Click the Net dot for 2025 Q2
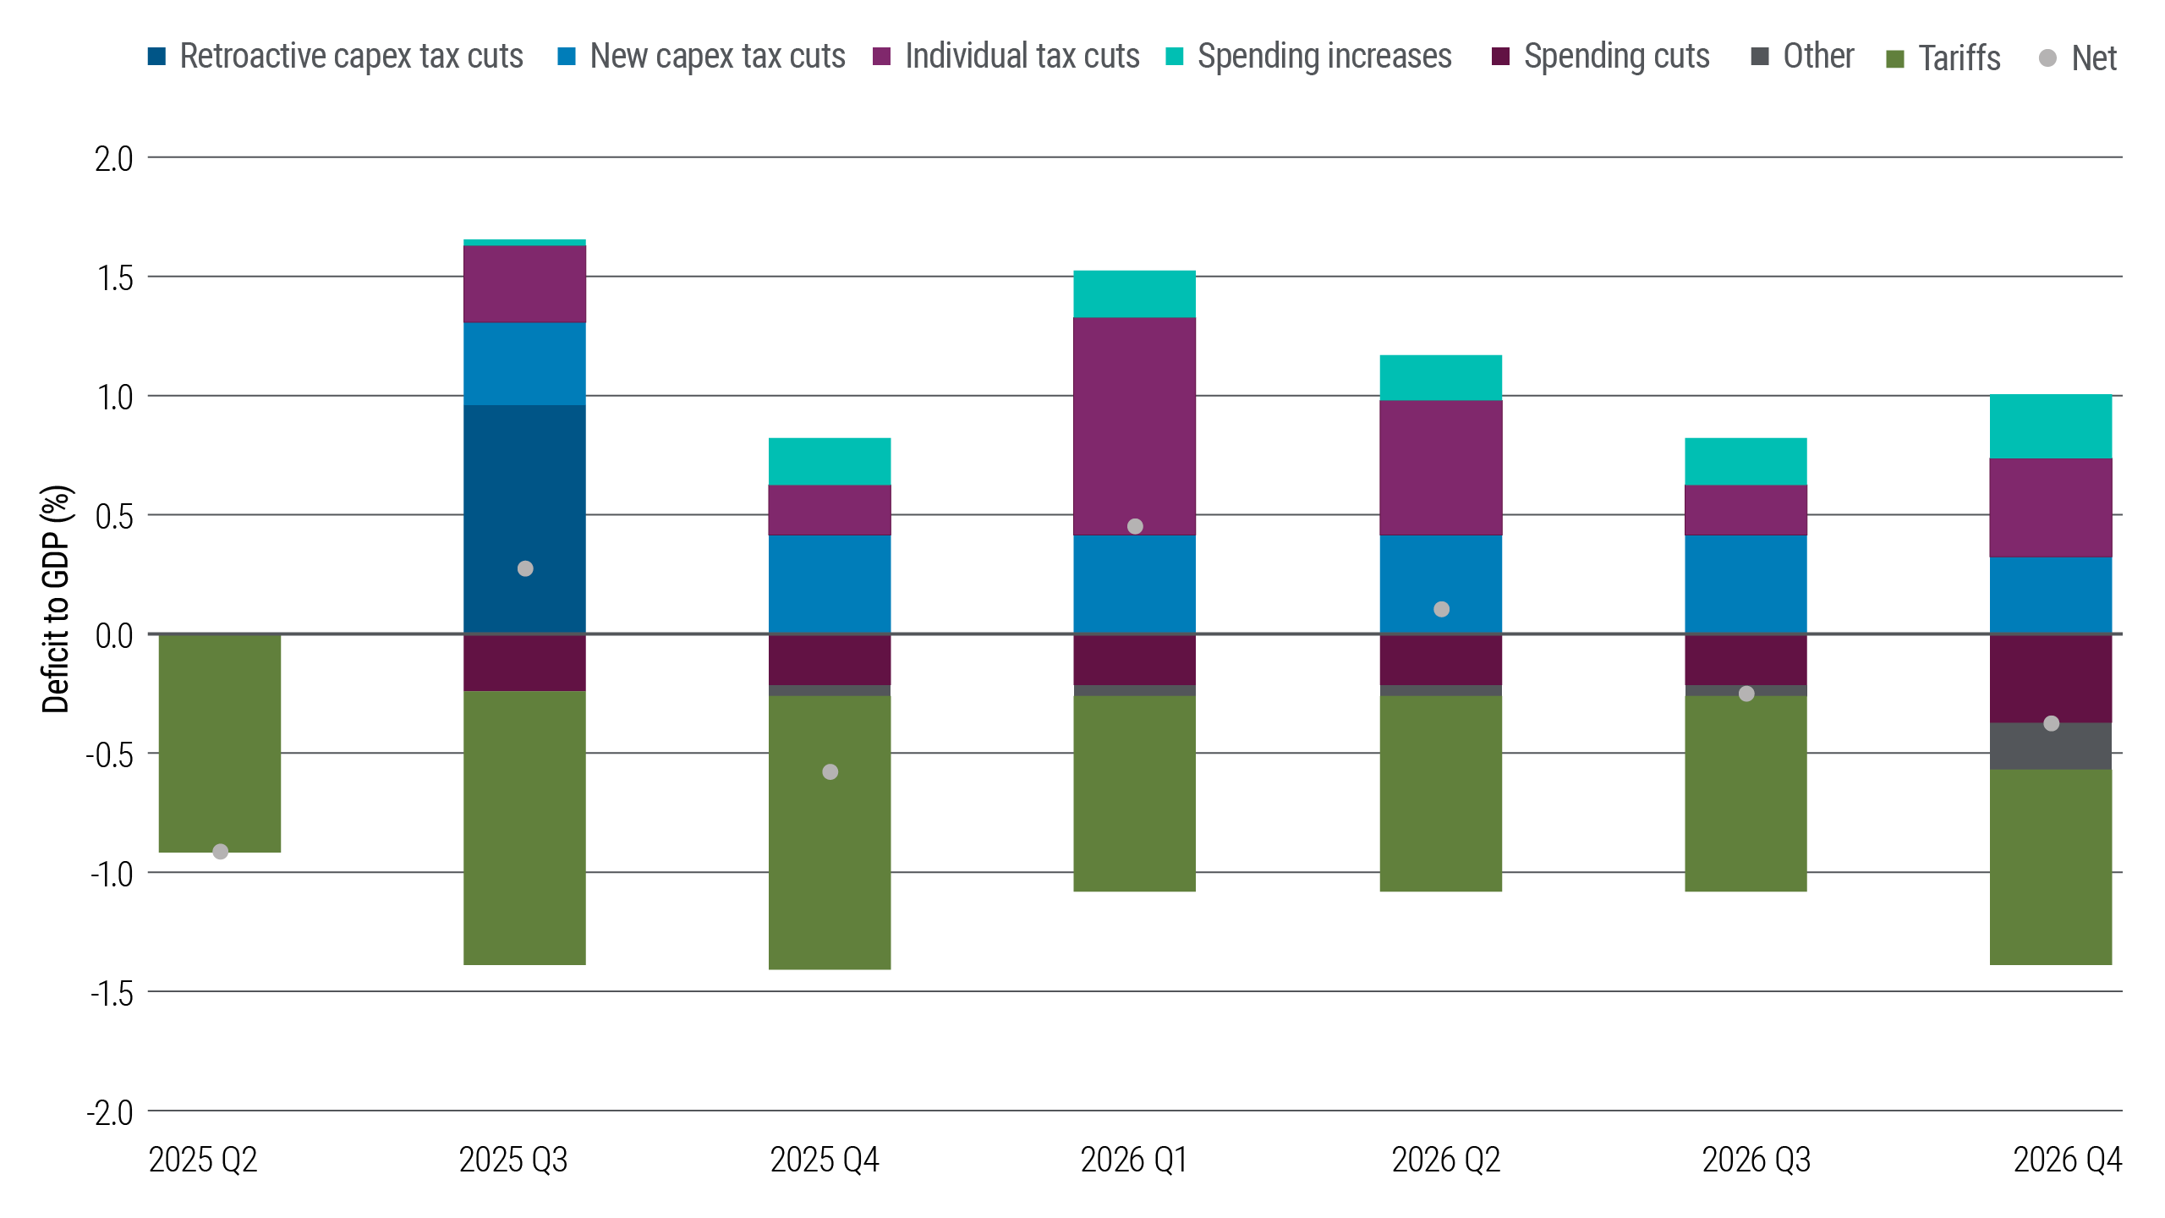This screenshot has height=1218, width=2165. click(x=220, y=852)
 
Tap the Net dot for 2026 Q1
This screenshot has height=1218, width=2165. click(x=1135, y=526)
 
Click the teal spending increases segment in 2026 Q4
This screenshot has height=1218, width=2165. click(x=2051, y=426)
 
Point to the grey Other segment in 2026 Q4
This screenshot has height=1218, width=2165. click(x=2051, y=746)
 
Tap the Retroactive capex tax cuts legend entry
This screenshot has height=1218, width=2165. click(x=336, y=57)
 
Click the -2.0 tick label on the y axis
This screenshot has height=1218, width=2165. click(x=110, y=1112)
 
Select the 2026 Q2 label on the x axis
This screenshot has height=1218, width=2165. click(x=1445, y=1160)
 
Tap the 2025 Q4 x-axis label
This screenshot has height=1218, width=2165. click(x=825, y=1160)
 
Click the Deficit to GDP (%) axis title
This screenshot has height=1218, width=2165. click(x=56, y=599)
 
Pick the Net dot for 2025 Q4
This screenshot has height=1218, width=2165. click(x=830, y=771)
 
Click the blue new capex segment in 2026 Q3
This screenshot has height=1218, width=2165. click(x=1746, y=584)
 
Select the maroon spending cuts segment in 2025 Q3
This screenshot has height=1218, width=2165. click(x=524, y=662)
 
